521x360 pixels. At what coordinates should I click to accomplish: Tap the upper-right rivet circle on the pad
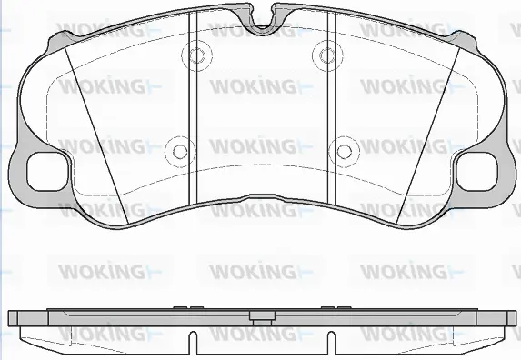[325, 55]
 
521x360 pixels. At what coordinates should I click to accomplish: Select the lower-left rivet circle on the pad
[180, 151]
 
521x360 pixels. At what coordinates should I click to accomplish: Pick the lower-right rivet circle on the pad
[344, 151]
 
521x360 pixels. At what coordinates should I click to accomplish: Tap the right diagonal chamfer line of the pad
[427, 127]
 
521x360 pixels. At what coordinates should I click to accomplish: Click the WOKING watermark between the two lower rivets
[253, 145]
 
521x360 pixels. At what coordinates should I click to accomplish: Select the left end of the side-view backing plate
[13, 319]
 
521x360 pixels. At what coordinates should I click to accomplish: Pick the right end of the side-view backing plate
[508, 319]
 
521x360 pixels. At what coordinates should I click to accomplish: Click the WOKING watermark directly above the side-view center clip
[253, 271]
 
